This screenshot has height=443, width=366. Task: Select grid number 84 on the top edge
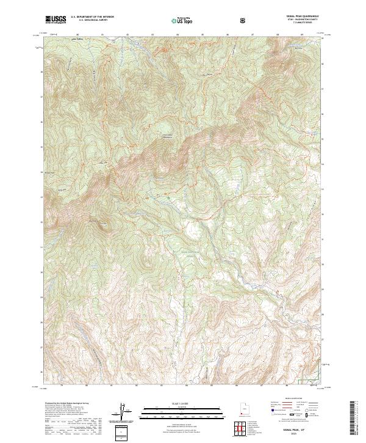click(177, 35)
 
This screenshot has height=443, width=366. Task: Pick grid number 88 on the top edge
click(277, 35)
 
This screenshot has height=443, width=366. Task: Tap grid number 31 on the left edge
click(41, 247)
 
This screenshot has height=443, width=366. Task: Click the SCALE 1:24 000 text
click(174, 401)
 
